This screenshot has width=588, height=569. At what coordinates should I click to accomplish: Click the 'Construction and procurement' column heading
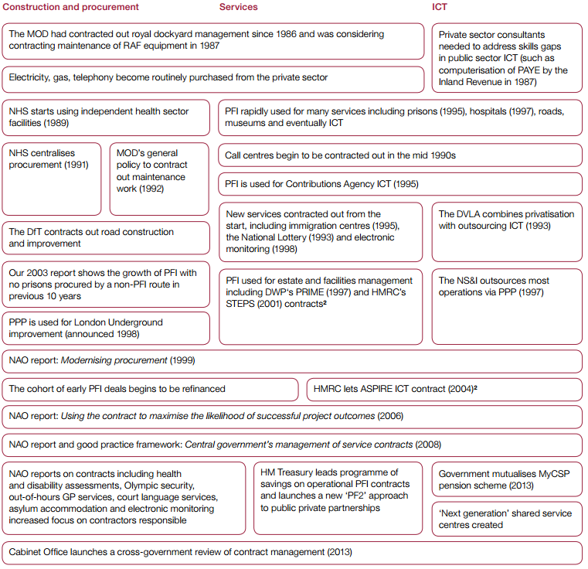pos(71,7)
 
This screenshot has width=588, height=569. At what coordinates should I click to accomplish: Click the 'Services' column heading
pos(238,7)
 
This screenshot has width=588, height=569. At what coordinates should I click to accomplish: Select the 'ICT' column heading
pos(440,7)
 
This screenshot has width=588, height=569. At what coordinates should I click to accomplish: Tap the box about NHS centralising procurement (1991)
pos(52,178)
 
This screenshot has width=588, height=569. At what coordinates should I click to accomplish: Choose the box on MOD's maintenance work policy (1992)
pos(159,178)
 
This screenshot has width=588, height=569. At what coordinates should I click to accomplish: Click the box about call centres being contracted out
pos(399,155)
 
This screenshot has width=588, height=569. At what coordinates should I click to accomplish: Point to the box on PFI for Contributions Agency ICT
pos(399,184)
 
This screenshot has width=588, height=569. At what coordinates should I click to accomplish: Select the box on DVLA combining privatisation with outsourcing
pos(506,231)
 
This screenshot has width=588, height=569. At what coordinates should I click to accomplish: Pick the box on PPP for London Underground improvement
pos(106,328)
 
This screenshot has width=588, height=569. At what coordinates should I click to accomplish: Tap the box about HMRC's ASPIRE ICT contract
pos(444,389)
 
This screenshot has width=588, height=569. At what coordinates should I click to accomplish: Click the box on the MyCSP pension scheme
pos(506,479)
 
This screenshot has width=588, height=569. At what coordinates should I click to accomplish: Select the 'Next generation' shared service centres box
pos(506,519)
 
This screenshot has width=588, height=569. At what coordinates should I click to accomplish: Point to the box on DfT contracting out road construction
pos(106,237)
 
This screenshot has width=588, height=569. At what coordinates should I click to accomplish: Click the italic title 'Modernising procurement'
pos(126,361)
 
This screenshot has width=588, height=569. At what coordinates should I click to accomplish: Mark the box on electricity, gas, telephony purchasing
pos(213,78)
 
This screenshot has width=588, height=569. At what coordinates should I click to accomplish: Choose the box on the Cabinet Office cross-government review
pos(292,553)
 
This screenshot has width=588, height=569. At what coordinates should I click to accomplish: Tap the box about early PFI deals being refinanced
pos(150,389)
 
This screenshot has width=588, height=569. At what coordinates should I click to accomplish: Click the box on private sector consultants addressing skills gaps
pos(506,58)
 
